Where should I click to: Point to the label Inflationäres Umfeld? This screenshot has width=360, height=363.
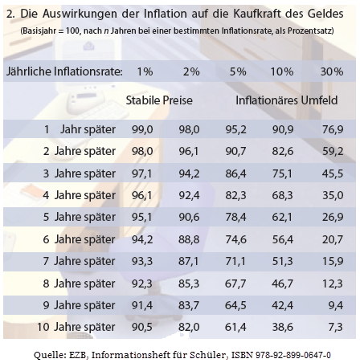(x=286, y=102)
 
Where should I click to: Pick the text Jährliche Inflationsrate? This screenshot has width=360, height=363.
(x=63, y=71)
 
